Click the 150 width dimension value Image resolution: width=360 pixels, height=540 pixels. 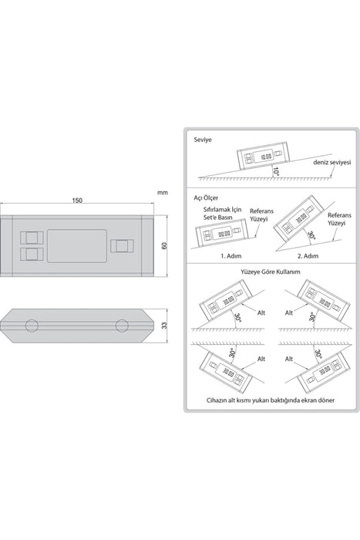(x=78, y=201)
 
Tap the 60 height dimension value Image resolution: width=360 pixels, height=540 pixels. (x=163, y=245)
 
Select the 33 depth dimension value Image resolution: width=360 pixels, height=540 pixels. (x=163, y=326)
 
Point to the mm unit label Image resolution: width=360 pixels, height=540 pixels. (x=162, y=193)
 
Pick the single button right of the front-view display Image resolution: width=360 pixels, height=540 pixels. (x=122, y=245)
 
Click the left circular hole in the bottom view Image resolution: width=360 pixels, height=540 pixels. (x=32, y=326)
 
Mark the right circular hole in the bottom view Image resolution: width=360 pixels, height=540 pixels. (x=122, y=326)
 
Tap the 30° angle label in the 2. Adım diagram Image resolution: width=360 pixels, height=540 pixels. (x=308, y=235)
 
